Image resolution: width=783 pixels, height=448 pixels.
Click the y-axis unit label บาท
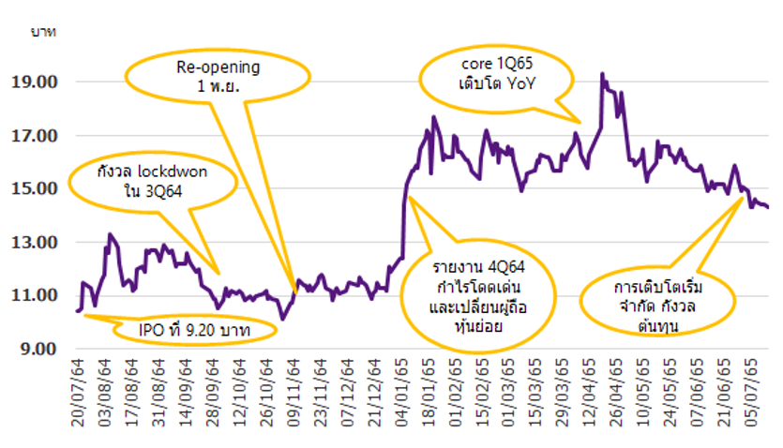(x=43, y=32)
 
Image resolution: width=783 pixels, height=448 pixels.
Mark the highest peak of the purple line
(x=602, y=74)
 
